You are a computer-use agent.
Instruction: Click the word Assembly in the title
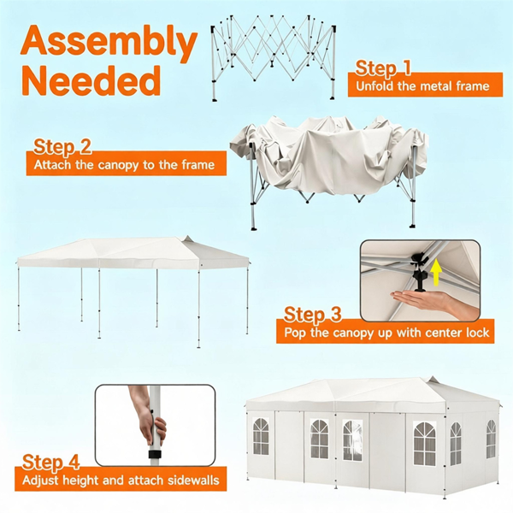[x=109, y=44]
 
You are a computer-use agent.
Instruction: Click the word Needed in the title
[x=91, y=80]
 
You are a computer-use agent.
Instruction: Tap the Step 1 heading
[x=383, y=68]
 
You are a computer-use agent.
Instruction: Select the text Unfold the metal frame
[x=422, y=86]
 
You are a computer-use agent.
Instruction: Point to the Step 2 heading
[x=62, y=146]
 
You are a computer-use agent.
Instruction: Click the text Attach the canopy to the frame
[x=124, y=164]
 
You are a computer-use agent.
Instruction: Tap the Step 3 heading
[x=312, y=314]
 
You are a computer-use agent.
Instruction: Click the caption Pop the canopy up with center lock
[x=386, y=333]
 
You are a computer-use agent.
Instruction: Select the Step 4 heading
[x=50, y=462]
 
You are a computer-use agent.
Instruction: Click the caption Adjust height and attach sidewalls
[x=121, y=481]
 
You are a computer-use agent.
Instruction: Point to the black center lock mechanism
[x=418, y=272]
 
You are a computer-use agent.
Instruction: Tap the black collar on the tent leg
[x=155, y=455]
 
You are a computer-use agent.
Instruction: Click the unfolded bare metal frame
[x=274, y=57]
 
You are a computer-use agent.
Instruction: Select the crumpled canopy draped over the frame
[x=329, y=156]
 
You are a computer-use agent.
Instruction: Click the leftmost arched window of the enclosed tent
[x=261, y=436]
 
